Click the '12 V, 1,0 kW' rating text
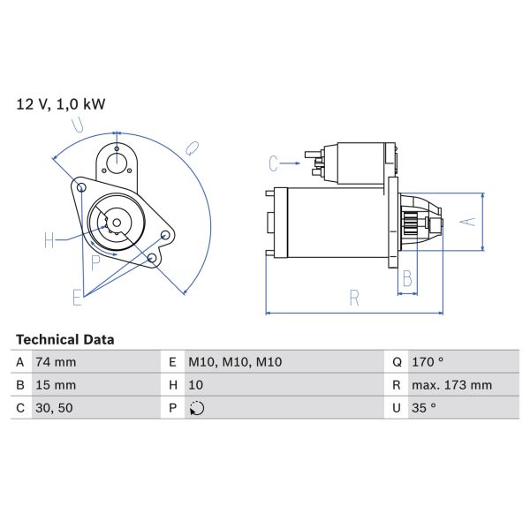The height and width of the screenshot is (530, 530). click(61, 104)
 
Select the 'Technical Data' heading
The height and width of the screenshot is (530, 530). click(64, 339)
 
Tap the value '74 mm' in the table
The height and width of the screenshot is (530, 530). click(56, 362)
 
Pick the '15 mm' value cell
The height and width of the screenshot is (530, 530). click(56, 385)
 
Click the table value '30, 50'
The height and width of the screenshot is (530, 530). click(53, 408)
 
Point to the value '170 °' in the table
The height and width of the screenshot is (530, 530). click(428, 362)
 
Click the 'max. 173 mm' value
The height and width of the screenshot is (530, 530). click(452, 385)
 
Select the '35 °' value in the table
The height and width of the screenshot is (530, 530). click(425, 408)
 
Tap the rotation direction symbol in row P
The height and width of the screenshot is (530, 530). click(196, 408)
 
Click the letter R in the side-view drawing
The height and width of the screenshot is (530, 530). click(354, 299)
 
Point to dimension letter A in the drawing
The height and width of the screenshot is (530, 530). click(470, 221)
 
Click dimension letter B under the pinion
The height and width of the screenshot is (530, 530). click(407, 280)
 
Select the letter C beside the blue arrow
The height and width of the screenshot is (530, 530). click(274, 163)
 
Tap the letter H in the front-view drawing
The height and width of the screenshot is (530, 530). click(49, 238)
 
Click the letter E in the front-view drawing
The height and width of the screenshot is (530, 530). click(77, 297)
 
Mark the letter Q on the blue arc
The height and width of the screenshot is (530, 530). click(192, 148)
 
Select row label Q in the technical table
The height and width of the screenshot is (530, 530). click(397, 362)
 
